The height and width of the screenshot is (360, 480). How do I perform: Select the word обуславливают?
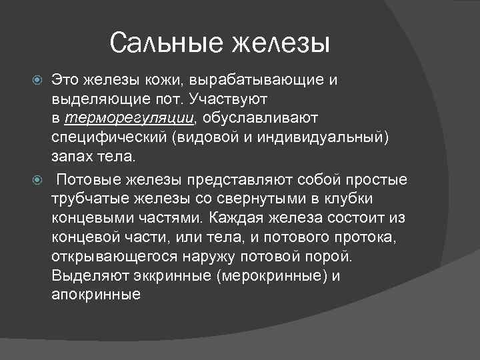[x=261, y=118]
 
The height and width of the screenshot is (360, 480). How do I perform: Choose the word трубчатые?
[x=88, y=199]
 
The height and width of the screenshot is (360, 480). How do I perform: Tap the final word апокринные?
[x=95, y=293]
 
